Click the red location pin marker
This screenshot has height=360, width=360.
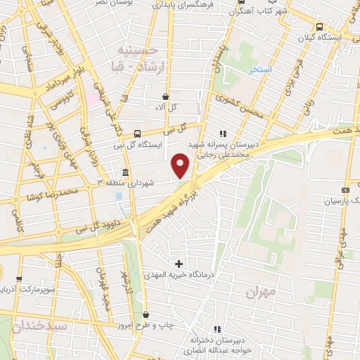[181, 165]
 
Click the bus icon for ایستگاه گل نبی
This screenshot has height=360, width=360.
[137, 133]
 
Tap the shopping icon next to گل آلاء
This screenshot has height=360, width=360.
[165, 96]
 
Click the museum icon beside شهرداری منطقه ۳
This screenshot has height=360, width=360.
[125, 173]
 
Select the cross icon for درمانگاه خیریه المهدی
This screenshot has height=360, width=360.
[179, 263]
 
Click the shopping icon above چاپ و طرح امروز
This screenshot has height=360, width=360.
[146, 315]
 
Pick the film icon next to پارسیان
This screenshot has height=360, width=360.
[345, 190]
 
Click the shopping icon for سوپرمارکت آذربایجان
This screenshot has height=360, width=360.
[19, 279]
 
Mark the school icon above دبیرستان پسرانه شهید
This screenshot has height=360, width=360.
[223, 134]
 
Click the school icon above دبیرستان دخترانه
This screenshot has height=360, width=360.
[217, 329]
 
